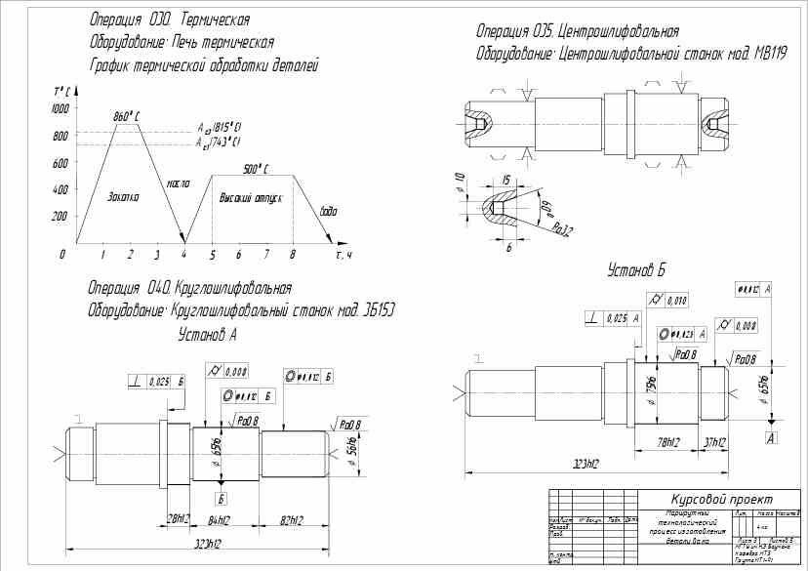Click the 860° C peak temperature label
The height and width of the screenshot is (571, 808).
click(x=128, y=116)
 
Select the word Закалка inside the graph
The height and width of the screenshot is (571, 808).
click(x=123, y=197)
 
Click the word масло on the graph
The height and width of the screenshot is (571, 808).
click(x=178, y=184)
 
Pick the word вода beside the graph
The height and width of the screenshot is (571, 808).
click(x=329, y=210)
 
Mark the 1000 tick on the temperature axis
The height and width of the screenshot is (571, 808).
click(x=61, y=108)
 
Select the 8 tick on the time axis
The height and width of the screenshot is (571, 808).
click(x=292, y=254)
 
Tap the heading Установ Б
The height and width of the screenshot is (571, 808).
click(x=636, y=268)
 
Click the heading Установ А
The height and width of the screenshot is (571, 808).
click(x=208, y=334)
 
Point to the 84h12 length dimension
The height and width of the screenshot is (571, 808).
click(x=220, y=520)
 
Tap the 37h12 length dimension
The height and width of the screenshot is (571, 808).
click(x=715, y=442)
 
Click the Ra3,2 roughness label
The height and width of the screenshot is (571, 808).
click(x=561, y=230)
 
